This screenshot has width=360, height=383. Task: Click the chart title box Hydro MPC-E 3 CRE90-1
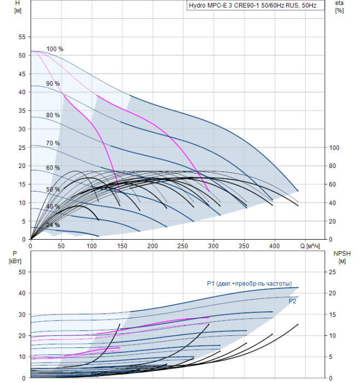256,5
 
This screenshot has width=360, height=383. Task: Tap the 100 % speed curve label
55,49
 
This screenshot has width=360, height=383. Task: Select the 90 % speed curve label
53,84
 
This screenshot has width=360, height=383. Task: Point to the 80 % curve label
53,115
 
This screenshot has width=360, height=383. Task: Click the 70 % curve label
53,143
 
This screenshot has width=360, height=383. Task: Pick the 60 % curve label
53,168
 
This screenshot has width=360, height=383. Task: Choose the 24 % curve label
53,225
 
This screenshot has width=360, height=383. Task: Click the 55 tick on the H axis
22,37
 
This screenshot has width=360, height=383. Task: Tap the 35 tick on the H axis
22,111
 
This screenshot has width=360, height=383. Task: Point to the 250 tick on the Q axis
183,246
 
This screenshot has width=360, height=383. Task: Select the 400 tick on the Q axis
274,246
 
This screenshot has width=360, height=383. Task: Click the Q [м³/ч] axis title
310,246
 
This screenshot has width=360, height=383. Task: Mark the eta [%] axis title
340,7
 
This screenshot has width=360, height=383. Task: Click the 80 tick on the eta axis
332,166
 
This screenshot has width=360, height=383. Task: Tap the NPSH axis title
342,257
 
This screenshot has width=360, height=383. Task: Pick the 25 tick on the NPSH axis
332,272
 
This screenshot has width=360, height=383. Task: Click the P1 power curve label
249,283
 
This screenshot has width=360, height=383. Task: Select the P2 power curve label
292,301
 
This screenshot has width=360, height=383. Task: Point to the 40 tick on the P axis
22,293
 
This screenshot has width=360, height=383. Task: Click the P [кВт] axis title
15,257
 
